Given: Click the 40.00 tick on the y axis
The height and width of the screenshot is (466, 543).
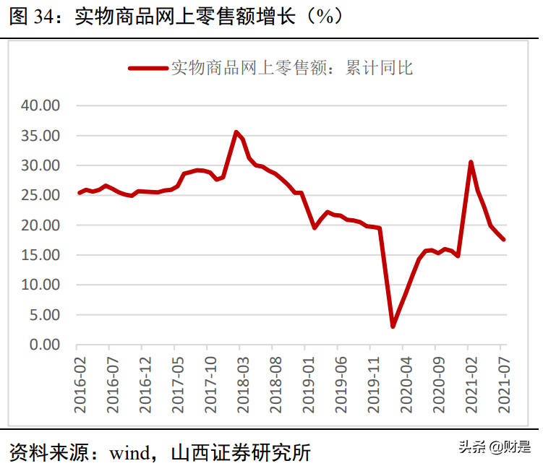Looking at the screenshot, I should click(41, 105).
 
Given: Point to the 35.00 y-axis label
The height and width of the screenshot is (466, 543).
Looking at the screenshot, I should click(41, 136).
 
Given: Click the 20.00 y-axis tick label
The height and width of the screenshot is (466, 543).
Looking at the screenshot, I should click(41, 225).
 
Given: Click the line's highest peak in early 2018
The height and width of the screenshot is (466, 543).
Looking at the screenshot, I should click(236, 131).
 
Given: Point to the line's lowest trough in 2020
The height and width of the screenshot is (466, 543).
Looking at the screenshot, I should click(393, 327).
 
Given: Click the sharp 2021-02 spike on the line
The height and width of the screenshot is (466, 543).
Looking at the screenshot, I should click(471, 162).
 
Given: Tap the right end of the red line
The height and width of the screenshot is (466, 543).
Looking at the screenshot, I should click(503, 239).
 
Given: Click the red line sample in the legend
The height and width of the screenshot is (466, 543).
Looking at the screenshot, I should click(147, 68).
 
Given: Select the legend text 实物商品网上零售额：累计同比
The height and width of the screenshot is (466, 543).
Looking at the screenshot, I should click(291, 68).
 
